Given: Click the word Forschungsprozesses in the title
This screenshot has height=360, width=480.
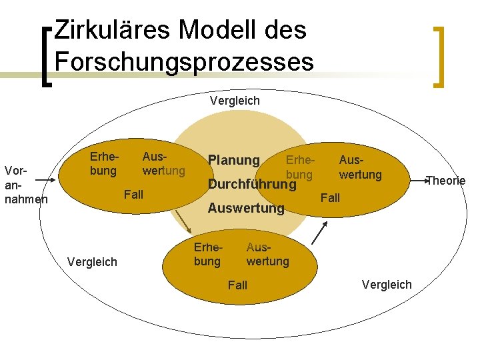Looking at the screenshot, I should coord(184,61).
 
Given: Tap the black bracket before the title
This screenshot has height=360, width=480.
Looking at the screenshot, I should coord(46,56).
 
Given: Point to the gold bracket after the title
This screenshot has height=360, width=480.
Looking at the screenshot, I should coord(438,56).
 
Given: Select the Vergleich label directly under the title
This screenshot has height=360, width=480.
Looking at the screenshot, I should coord(235,101).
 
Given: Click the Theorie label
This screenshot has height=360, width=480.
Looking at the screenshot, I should coord(445,180).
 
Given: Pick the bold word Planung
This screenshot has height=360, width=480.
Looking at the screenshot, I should coord(233,160).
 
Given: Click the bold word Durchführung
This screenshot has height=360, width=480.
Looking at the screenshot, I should coord(252,184).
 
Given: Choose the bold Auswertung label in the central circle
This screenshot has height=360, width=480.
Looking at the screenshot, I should coord(246,208).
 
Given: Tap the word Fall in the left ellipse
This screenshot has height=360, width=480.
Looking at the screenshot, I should coord(133,195).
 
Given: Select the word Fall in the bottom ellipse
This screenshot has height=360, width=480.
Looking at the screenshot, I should coord(237,285).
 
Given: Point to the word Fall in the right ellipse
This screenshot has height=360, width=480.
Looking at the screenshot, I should coord(330,198).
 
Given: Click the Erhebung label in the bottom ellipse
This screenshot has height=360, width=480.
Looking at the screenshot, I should coord(207,254).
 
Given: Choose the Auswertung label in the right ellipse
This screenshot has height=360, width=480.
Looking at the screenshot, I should coord(360,167).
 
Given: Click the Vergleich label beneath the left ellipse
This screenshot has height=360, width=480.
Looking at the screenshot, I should coord(92,262).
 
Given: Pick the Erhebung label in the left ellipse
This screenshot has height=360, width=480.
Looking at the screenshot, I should coord(103,164).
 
